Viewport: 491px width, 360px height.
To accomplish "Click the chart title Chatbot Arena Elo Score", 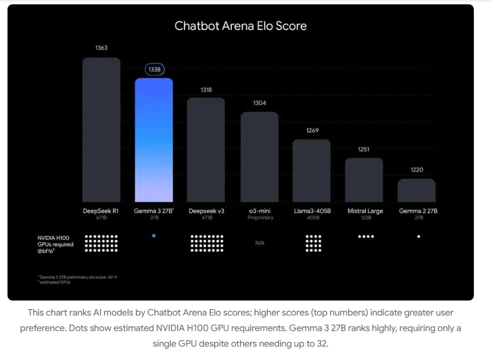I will tap(240, 26).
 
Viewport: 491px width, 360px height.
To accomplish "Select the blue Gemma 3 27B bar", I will tap(154, 139).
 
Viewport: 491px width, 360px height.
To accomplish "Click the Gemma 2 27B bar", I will tap(417, 190).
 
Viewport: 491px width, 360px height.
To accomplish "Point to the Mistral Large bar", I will tap(364, 179).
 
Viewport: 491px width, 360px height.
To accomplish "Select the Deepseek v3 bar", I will tap(206, 149).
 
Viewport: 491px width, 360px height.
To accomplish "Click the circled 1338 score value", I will tap(154, 70).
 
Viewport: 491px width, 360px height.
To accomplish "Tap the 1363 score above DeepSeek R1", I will tap(101, 48).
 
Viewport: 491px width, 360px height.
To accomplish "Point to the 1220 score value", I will tap(417, 170).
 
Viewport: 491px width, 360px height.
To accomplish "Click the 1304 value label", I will tap(259, 103).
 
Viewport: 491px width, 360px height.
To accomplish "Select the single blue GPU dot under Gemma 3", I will tap(154, 235).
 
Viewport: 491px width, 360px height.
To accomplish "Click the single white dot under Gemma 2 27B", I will tap(418, 236).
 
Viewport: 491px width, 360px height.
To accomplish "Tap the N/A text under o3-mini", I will tap(259, 243).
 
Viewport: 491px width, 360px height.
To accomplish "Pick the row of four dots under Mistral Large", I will tap(366, 236).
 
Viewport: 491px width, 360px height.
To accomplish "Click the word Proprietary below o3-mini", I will tap(260, 218).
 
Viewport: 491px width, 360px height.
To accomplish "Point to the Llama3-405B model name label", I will tap(313, 211).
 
